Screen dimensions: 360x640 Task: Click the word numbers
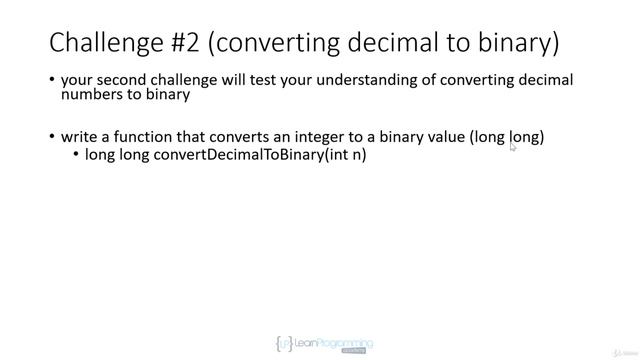pyautogui.click(x=93, y=96)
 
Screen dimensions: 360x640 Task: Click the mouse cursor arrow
pyautogui.click(x=513, y=145)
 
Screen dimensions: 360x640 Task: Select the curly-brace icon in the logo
pyautogui.click(x=283, y=343)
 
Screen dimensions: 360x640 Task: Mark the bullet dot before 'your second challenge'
pyautogui.click(x=51, y=81)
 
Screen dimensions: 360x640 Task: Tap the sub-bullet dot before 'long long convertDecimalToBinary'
pyautogui.click(x=76, y=156)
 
